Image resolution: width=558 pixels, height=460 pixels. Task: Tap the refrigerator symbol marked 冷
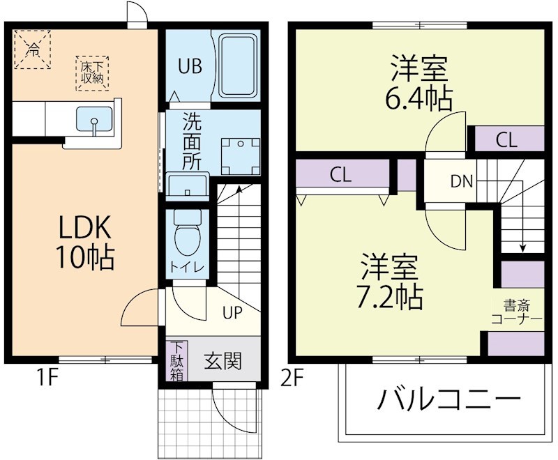coord(33,49)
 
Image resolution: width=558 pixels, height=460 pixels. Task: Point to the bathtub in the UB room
coord(239,67)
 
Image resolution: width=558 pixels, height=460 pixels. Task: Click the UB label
coord(189,67)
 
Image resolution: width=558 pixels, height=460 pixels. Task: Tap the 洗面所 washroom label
coord(192,142)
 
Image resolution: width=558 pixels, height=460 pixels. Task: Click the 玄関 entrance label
coord(223,361)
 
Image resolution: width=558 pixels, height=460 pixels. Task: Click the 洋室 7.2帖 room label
coord(390,282)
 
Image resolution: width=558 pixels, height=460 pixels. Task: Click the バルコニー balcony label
coord(450,400)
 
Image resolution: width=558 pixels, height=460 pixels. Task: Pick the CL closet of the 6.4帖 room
coord(507,139)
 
